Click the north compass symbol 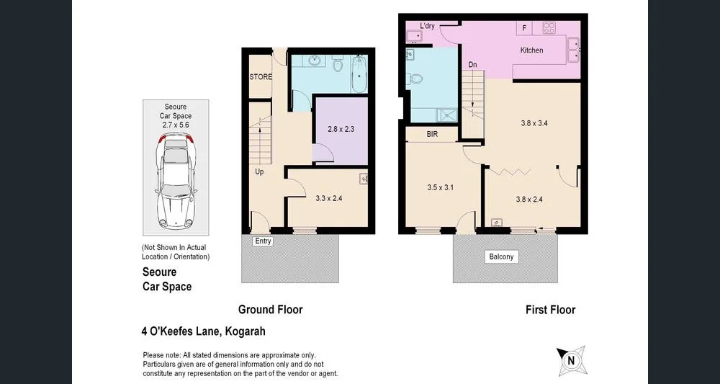pyautogui.click(x=571, y=360)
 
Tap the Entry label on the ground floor pyautogui.click(x=263, y=241)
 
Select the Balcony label pyautogui.click(x=501, y=256)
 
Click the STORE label pyautogui.click(x=260, y=77)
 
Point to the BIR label pyautogui.click(x=432, y=135)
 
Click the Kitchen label pyautogui.click(x=531, y=50)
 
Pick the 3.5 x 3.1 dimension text pyautogui.click(x=441, y=187)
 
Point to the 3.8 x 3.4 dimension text pyautogui.click(x=534, y=123)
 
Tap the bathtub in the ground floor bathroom pyautogui.click(x=359, y=74)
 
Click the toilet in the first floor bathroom pyautogui.click(x=415, y=79)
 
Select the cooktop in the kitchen pyautogui.click(x=549, y=28)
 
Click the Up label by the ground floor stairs pyautogui.click(x=259, y=172)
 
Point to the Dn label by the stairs pyautogui.click(x=472, y=65)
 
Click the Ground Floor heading pyautogui.click(x=270, y=310)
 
